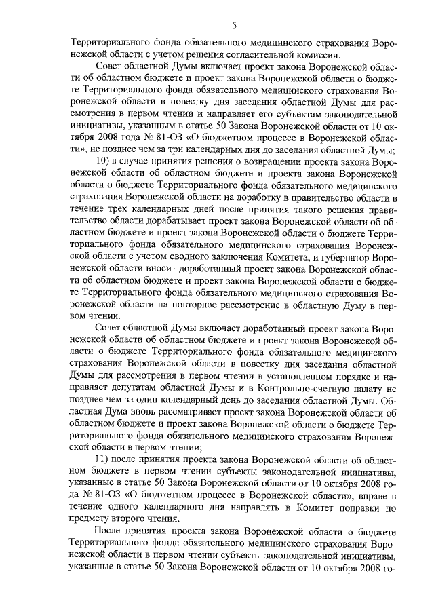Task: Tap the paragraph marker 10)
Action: (x=106, y=164)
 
